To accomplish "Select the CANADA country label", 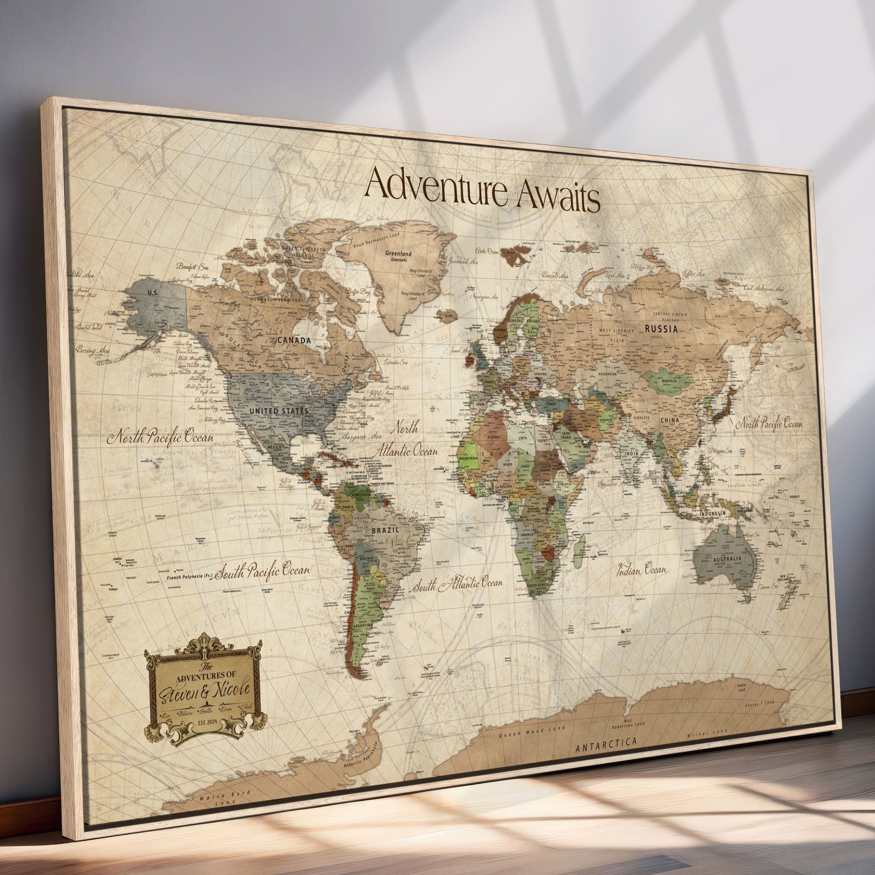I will point(294,340).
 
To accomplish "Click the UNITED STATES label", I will point(279,411).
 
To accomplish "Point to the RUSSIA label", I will point(661,329).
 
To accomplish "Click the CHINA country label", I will point(670,420).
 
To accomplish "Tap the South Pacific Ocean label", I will point(262,571).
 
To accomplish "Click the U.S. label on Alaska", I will point(153,293).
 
